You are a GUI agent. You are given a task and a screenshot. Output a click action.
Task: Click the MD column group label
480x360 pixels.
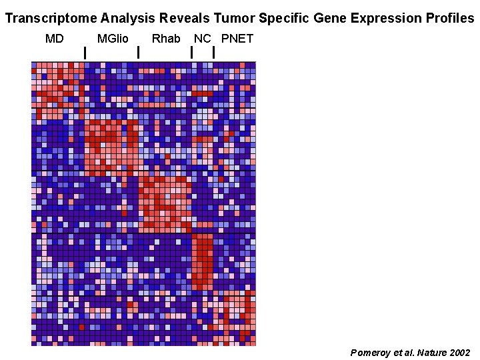tap(55, 39)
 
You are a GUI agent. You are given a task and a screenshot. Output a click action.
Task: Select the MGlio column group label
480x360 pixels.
tap(113, 39)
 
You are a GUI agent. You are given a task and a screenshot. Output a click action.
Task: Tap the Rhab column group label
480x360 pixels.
tap(166, 39)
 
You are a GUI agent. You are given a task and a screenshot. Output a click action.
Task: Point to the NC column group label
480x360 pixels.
tap(202, 39)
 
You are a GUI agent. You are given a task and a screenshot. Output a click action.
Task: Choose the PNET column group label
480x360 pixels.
tap(237, 39)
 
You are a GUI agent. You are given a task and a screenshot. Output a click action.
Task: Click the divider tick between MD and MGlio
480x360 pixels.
tap(85, 52)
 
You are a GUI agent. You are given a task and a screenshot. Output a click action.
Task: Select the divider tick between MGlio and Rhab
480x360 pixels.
tap(138, 52)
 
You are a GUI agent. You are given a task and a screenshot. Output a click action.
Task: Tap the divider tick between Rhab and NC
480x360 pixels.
tap(192, 52)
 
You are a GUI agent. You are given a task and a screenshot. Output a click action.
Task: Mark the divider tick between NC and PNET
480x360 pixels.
tap(213, 52)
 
